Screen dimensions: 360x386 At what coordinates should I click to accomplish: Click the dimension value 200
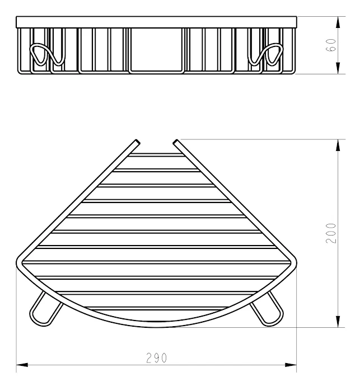[x=331, y=233]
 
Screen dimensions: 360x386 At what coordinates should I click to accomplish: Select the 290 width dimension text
[x=156, y=358]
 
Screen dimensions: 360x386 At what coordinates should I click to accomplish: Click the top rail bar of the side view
[x=156, y=22]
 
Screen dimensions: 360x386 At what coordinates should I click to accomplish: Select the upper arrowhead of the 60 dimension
[x=338, y=22]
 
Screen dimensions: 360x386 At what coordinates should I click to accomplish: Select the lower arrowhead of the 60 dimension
[x=338, y=68]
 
